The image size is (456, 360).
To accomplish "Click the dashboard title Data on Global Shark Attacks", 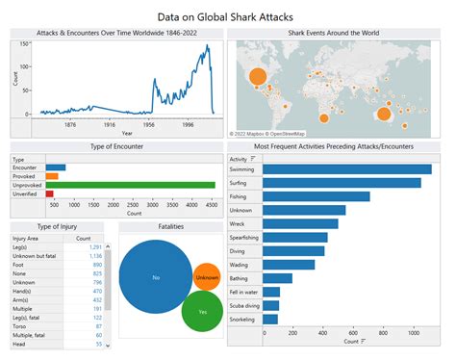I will click(227, 16).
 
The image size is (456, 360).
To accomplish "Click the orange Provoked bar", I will click(52, 175).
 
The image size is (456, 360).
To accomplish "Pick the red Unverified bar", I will click(49, 193).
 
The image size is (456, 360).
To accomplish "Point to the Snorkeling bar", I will click(269, 319).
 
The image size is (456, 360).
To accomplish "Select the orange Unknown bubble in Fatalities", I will click(207, 277).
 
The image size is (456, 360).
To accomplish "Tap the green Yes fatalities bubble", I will click(202, 312).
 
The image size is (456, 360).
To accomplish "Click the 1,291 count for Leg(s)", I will click(96, 247).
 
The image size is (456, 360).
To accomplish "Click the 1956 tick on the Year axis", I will click(154, 124).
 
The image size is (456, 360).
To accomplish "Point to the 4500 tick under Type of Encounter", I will click(212, 205).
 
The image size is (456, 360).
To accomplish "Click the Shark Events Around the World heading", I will click(333, 33).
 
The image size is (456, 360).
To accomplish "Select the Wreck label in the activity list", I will click(238, 223).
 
